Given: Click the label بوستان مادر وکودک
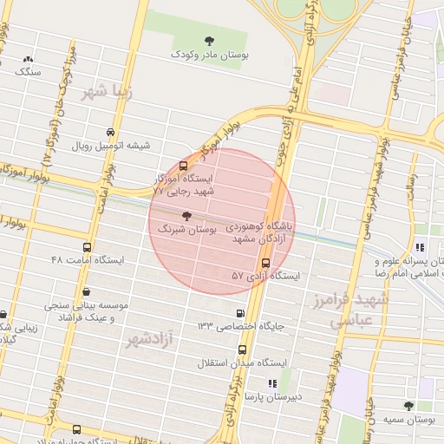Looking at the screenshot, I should (x=208, y=55).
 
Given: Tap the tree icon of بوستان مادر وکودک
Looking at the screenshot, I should (x=208, y=40).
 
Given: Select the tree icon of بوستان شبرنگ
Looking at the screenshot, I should (x=186, y=216).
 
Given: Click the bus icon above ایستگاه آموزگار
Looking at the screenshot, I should (x=183, y=165).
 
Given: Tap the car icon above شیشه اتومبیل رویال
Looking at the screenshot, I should (x=109, y=132).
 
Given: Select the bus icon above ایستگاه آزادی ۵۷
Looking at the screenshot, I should (x=265, y=263).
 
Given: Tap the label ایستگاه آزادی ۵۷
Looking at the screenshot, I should (x=265, y=276).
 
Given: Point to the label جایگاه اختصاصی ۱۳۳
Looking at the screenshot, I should (x=240, y=326).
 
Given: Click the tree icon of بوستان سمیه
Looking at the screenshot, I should (x=408, y=405).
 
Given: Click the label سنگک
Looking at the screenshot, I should (x=29, y=74).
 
